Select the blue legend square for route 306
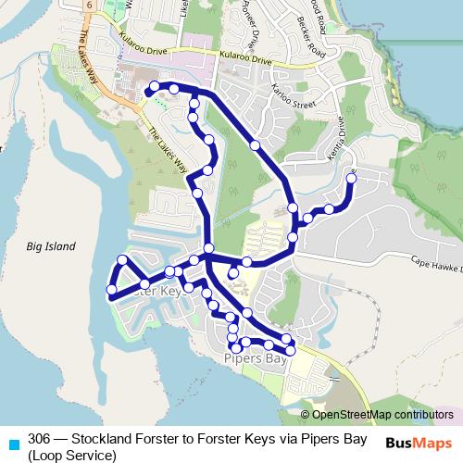pyautogui.click(x=12, y=440)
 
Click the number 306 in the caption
pyautogui.click(x=39, y=439)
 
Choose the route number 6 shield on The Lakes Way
pyautogui.click(x=88, y=6)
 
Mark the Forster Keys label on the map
pyautogui.click(x=157, y=291)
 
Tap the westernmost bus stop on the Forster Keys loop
pyautogui.click(x=112, y=291)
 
